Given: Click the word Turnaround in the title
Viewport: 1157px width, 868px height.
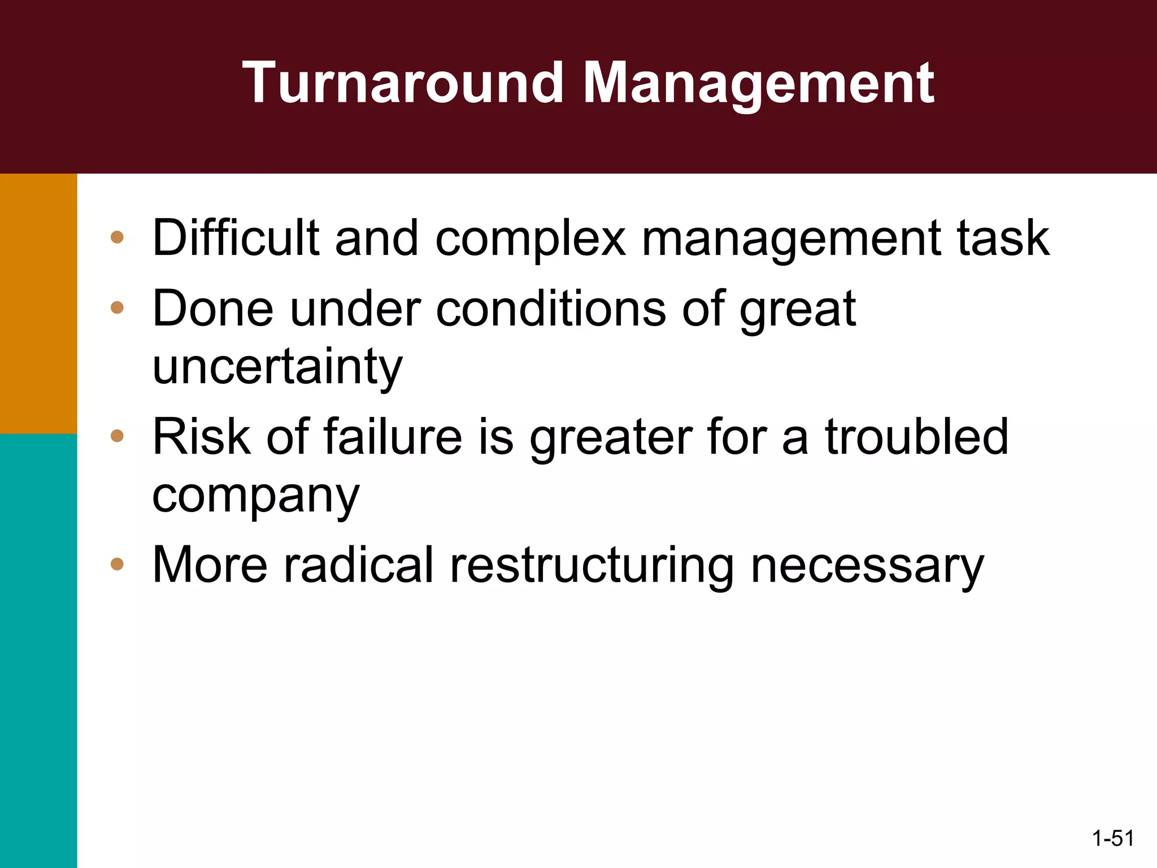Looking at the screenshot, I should click(403, 84).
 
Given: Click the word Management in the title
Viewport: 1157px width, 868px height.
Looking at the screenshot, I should click(758, 84).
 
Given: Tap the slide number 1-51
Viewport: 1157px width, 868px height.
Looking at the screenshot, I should click(1113, 839).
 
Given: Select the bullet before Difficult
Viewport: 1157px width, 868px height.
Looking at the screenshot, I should click(117, 237).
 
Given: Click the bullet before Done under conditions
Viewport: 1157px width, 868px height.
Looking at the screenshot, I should click(117, 308).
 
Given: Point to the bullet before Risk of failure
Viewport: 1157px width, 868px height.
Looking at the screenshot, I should click(117, 436).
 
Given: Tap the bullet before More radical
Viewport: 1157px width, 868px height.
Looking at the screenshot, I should click(117, 563).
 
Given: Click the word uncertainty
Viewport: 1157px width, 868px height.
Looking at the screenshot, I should click(277, 367).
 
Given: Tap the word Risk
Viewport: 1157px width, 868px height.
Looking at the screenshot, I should click(201, 436).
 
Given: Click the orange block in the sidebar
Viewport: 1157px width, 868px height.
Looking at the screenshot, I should click(38, 303).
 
